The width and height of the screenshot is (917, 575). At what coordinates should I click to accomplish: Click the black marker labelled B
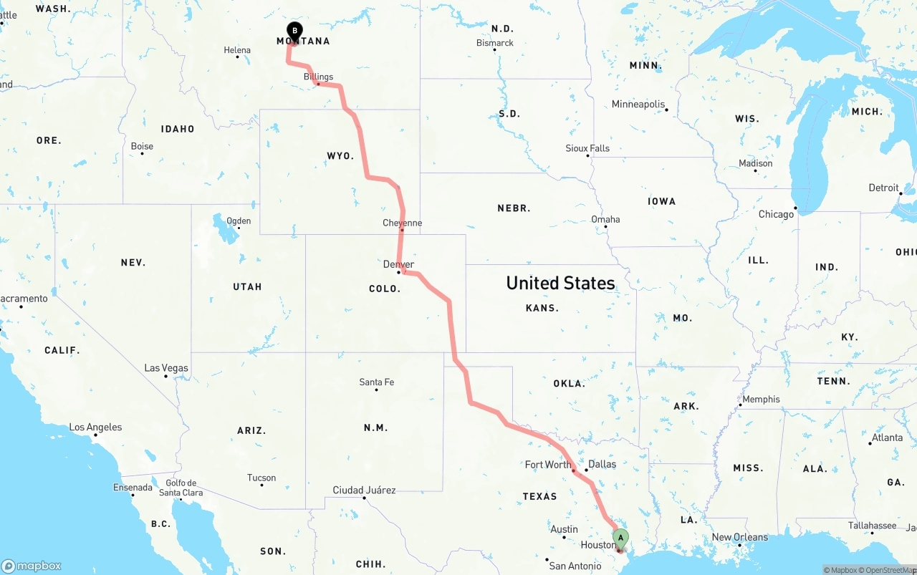[x=294, y=31]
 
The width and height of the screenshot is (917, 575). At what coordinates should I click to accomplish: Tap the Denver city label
[x=398, y=264]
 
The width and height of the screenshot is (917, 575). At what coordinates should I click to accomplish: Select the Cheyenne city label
[x=402, y=223]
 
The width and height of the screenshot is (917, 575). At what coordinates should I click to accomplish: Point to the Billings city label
[x=318, y=77]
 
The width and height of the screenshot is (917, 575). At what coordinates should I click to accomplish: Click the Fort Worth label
[x=548, y=465]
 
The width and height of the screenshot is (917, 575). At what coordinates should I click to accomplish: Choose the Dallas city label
[x=602, y=464]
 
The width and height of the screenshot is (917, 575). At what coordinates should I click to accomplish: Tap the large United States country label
[x=560, y=283]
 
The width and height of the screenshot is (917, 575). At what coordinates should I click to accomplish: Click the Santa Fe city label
[x=376, y=382]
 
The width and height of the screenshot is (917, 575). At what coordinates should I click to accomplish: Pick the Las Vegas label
[x=166, y=368]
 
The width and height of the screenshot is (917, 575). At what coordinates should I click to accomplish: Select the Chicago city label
[x=776, y=214]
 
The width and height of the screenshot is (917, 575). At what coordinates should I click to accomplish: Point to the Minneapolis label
[x=638, y=105]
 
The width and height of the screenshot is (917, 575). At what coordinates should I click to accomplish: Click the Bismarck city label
[x=495, y=43]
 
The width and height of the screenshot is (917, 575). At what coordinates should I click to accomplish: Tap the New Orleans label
[x=739, y=537]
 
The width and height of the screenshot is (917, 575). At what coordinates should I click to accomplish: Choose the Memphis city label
[x=761, y=400]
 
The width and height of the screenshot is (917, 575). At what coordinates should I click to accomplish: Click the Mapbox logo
[x=32, y=566]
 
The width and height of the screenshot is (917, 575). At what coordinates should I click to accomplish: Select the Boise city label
[x=142, y=146]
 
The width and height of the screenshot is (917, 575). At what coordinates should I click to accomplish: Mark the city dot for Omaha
[x=606, y=228]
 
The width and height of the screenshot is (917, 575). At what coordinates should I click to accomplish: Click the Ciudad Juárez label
[x=364, y=491]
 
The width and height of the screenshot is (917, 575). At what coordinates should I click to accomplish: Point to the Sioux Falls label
[x=587, y=148]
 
